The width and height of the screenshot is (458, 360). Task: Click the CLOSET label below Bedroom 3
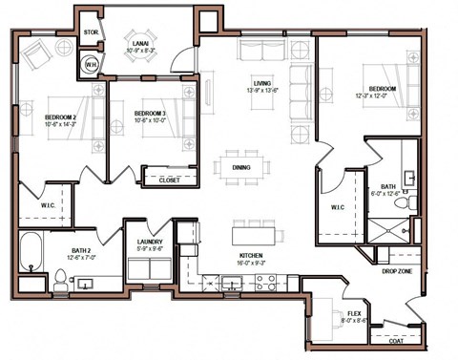point(169,179)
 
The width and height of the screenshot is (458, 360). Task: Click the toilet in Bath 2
point(60,279)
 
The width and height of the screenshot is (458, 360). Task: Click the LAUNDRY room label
point(151,243)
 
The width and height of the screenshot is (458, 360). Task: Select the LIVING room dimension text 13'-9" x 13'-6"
point(256,92)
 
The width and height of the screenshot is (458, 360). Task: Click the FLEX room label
point(353,312)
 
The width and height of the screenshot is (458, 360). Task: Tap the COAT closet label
point(396,336)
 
